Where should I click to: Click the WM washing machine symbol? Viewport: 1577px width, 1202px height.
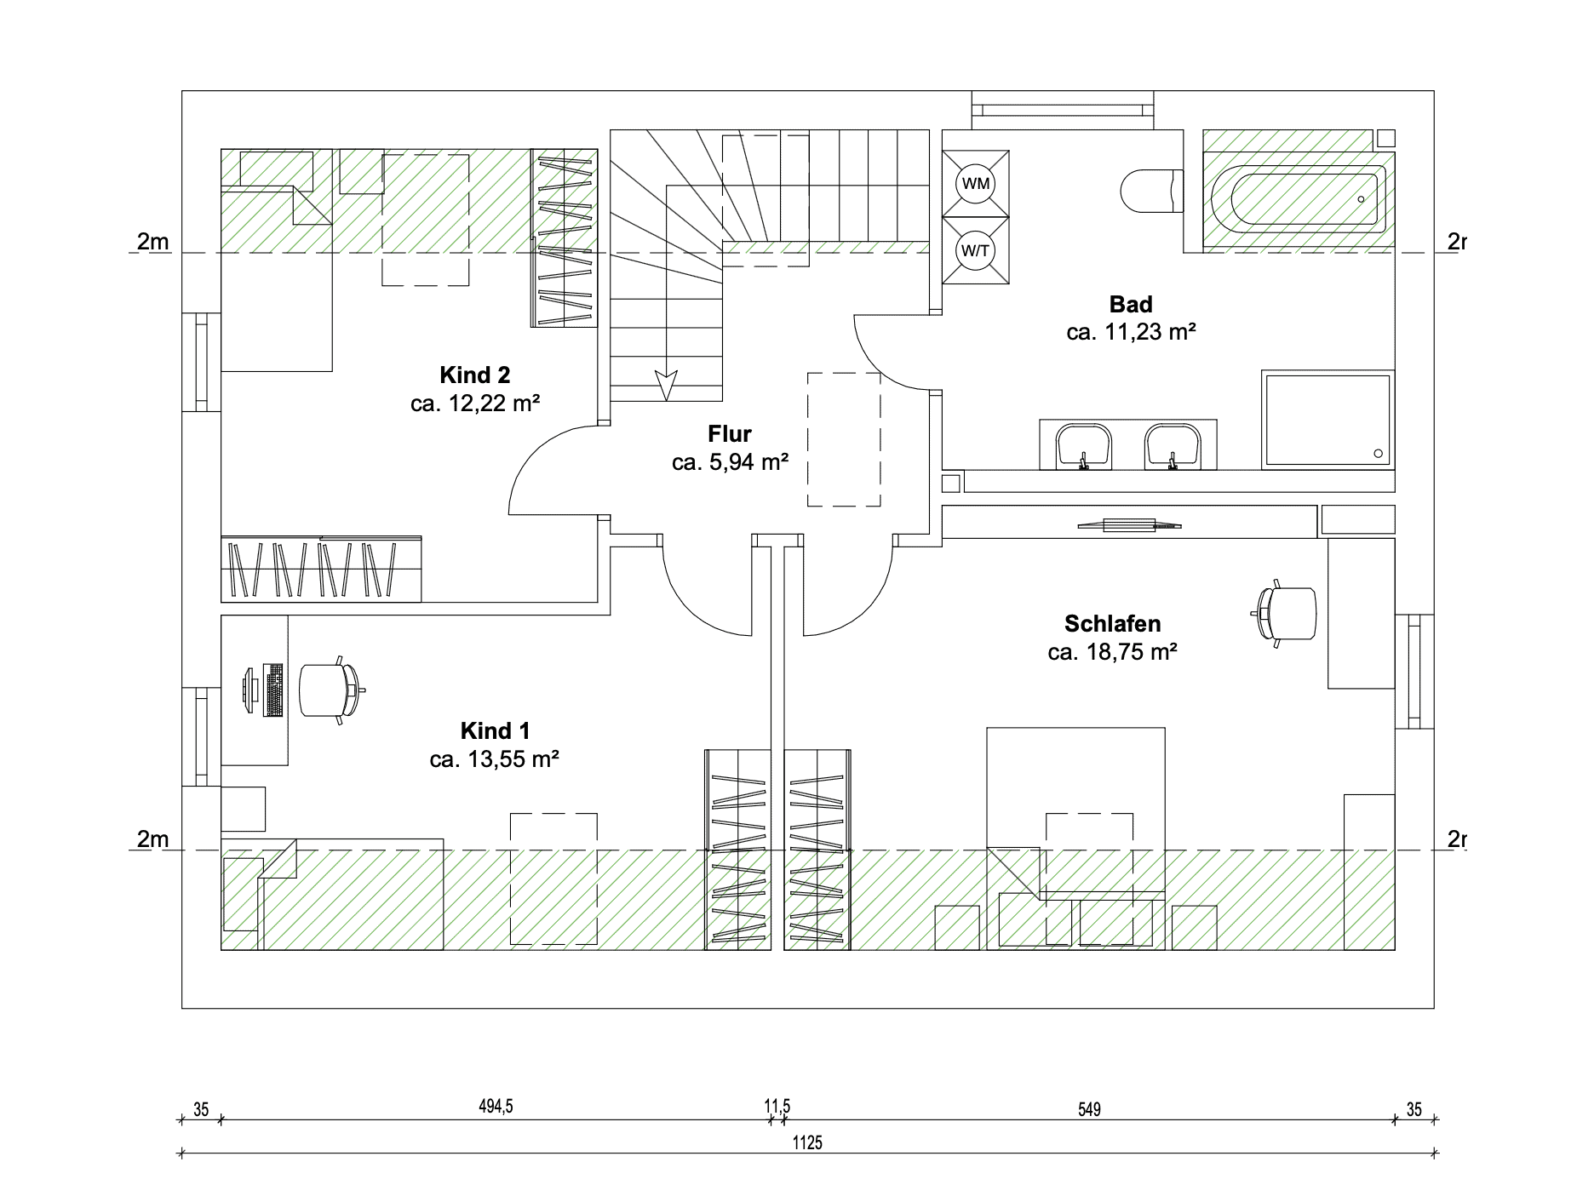pos(976,183)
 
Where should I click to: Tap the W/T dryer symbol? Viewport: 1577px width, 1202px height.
pos(976,250)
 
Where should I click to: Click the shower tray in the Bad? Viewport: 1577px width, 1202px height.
pos(1327,419)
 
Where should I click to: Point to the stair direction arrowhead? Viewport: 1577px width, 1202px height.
pos(666,385)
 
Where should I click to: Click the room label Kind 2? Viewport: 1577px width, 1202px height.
pos(475,375)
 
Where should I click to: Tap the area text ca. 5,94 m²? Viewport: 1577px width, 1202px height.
pos(730,462)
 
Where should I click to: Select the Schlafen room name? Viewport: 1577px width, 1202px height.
pos(1112,624)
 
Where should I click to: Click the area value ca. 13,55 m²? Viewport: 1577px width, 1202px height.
pos(494,758)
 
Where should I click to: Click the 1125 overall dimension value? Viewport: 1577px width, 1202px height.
pos(807,1142)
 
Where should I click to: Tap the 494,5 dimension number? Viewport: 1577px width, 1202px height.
pos(496,1107)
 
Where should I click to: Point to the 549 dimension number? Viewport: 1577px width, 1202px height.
pos(1089,1109)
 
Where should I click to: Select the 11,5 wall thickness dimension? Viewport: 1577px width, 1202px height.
pos(777,1107)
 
